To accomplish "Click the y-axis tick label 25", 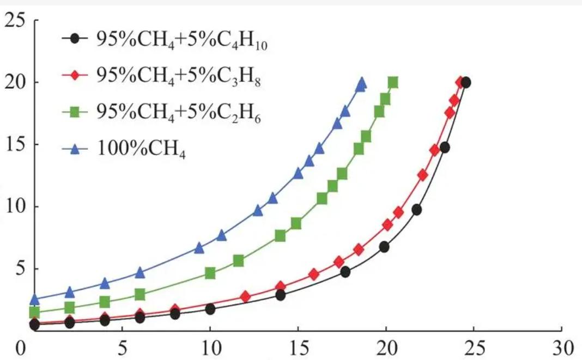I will [15, 21].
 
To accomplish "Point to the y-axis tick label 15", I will [15, 145].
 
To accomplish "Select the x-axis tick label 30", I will [561, 347].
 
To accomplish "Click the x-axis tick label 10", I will [210, 347].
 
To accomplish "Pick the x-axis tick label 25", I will [473, 347].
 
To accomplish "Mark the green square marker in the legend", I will [76, 113].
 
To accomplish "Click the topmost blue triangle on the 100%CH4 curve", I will [361, 84].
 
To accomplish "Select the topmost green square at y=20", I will [392, 83].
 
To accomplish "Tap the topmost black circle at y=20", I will [465, 83].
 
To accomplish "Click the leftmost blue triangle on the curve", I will [34, 299].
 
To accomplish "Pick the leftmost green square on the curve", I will [34, 312].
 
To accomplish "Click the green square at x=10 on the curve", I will [210, 273].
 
